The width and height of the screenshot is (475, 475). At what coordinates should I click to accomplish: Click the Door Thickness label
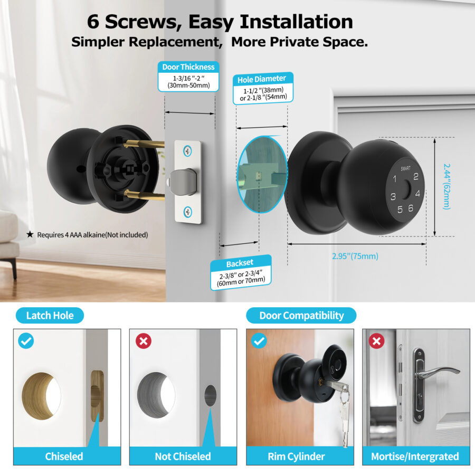188,67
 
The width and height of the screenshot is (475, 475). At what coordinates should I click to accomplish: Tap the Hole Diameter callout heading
261,80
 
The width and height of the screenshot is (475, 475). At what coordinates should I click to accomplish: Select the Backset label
240,263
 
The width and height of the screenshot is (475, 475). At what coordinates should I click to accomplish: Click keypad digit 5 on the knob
400,209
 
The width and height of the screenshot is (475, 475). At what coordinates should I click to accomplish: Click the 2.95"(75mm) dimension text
355,256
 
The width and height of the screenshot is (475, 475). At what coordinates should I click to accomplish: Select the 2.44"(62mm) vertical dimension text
446,186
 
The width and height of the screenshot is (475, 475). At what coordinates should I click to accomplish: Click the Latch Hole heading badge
50,316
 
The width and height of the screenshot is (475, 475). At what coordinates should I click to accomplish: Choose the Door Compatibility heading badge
301,316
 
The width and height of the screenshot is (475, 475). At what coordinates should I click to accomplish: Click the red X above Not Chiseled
143,341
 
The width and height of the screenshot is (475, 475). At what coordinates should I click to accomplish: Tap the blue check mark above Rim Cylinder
259,341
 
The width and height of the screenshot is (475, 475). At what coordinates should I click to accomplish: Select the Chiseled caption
64,456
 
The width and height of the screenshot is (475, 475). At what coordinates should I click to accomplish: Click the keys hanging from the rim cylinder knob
344,414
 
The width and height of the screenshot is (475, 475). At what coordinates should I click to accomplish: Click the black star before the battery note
30,234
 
